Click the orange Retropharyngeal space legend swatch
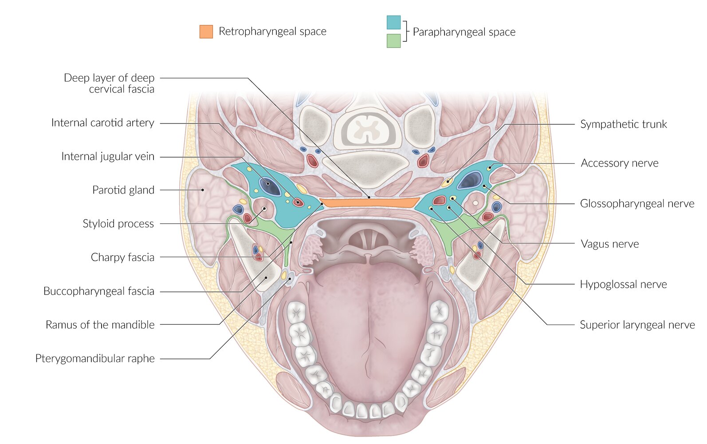[206, 32]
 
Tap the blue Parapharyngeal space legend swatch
[393, 23]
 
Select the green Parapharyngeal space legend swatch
[393, 41]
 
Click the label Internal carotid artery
[103, 123]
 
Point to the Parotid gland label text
[123, 190]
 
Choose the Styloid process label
[118, 224]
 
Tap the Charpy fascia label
[122, 258]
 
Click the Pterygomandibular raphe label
[95, 359]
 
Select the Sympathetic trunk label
[623, 124]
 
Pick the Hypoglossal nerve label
[623, 285]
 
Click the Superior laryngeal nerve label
[637, 325]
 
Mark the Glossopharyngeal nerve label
[637, 204]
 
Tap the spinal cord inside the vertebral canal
[367, 130]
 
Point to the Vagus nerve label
[609, 244]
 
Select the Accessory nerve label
[619, 163]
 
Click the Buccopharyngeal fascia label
[99, 291]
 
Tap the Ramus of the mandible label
[100, 325]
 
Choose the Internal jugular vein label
[108, 157]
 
